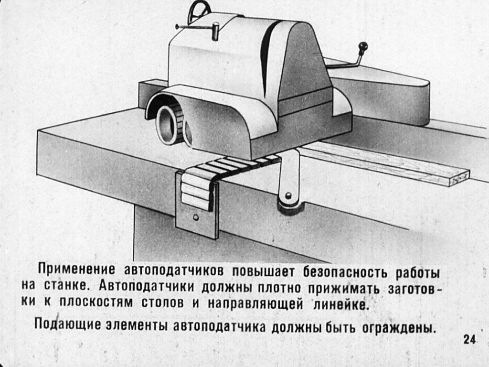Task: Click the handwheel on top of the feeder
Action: pyautogui.click(x=191, y=10)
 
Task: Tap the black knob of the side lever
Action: pyautogui.click(x=363, y=48)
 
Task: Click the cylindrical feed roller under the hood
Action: pyautogui.click(x=166, y=125)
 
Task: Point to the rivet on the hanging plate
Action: pyautogui.click(x=195, y=217)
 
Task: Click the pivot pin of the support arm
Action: pyautogui.click(x=288, y=195)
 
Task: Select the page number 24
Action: pyautogui.click(x=469, y=340)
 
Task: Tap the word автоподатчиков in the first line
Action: pyautogui.click(x=174, y=271)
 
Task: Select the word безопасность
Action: pyautogui.click(x=346, y=272)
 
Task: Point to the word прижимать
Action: pyautogui.click(x=344, y=289)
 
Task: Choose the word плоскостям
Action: pyautogui.click(x=96, y=303)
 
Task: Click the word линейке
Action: pyautogui.click(x=341, y=304)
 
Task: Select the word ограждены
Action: pyautogui.click(x=398, y=328)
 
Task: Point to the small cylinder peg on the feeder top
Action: pyautogui.click(x=215, y=31)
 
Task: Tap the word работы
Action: pyautogui.click(x=418, y=273)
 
